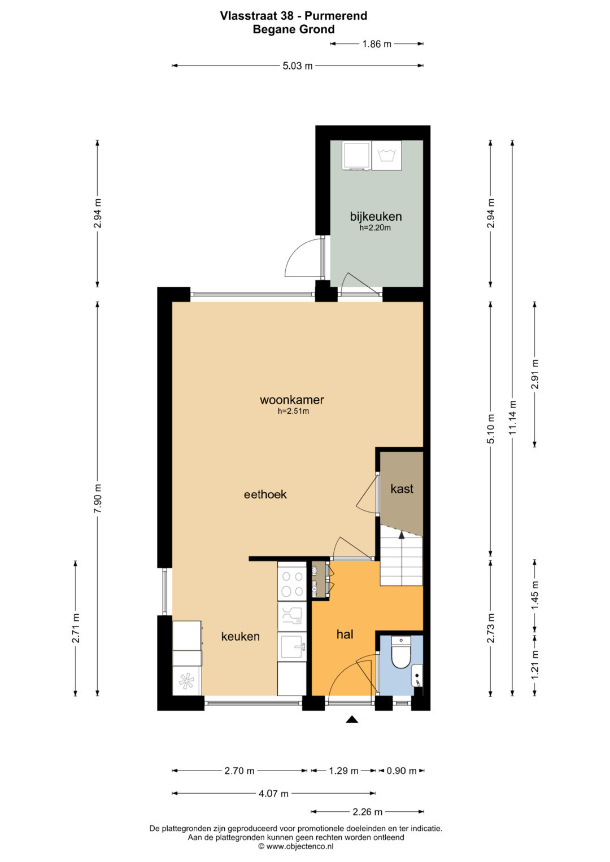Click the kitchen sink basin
pos(292,647)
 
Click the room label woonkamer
pos(292,400)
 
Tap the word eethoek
pos(265,495)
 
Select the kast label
pos(402,489)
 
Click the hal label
pos(345,634)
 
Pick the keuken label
pos(240,637)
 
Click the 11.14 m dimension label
pos(512,418)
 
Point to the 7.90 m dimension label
pos(97,498)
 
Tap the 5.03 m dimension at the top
pos(297,66)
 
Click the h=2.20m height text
pos(375,227)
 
